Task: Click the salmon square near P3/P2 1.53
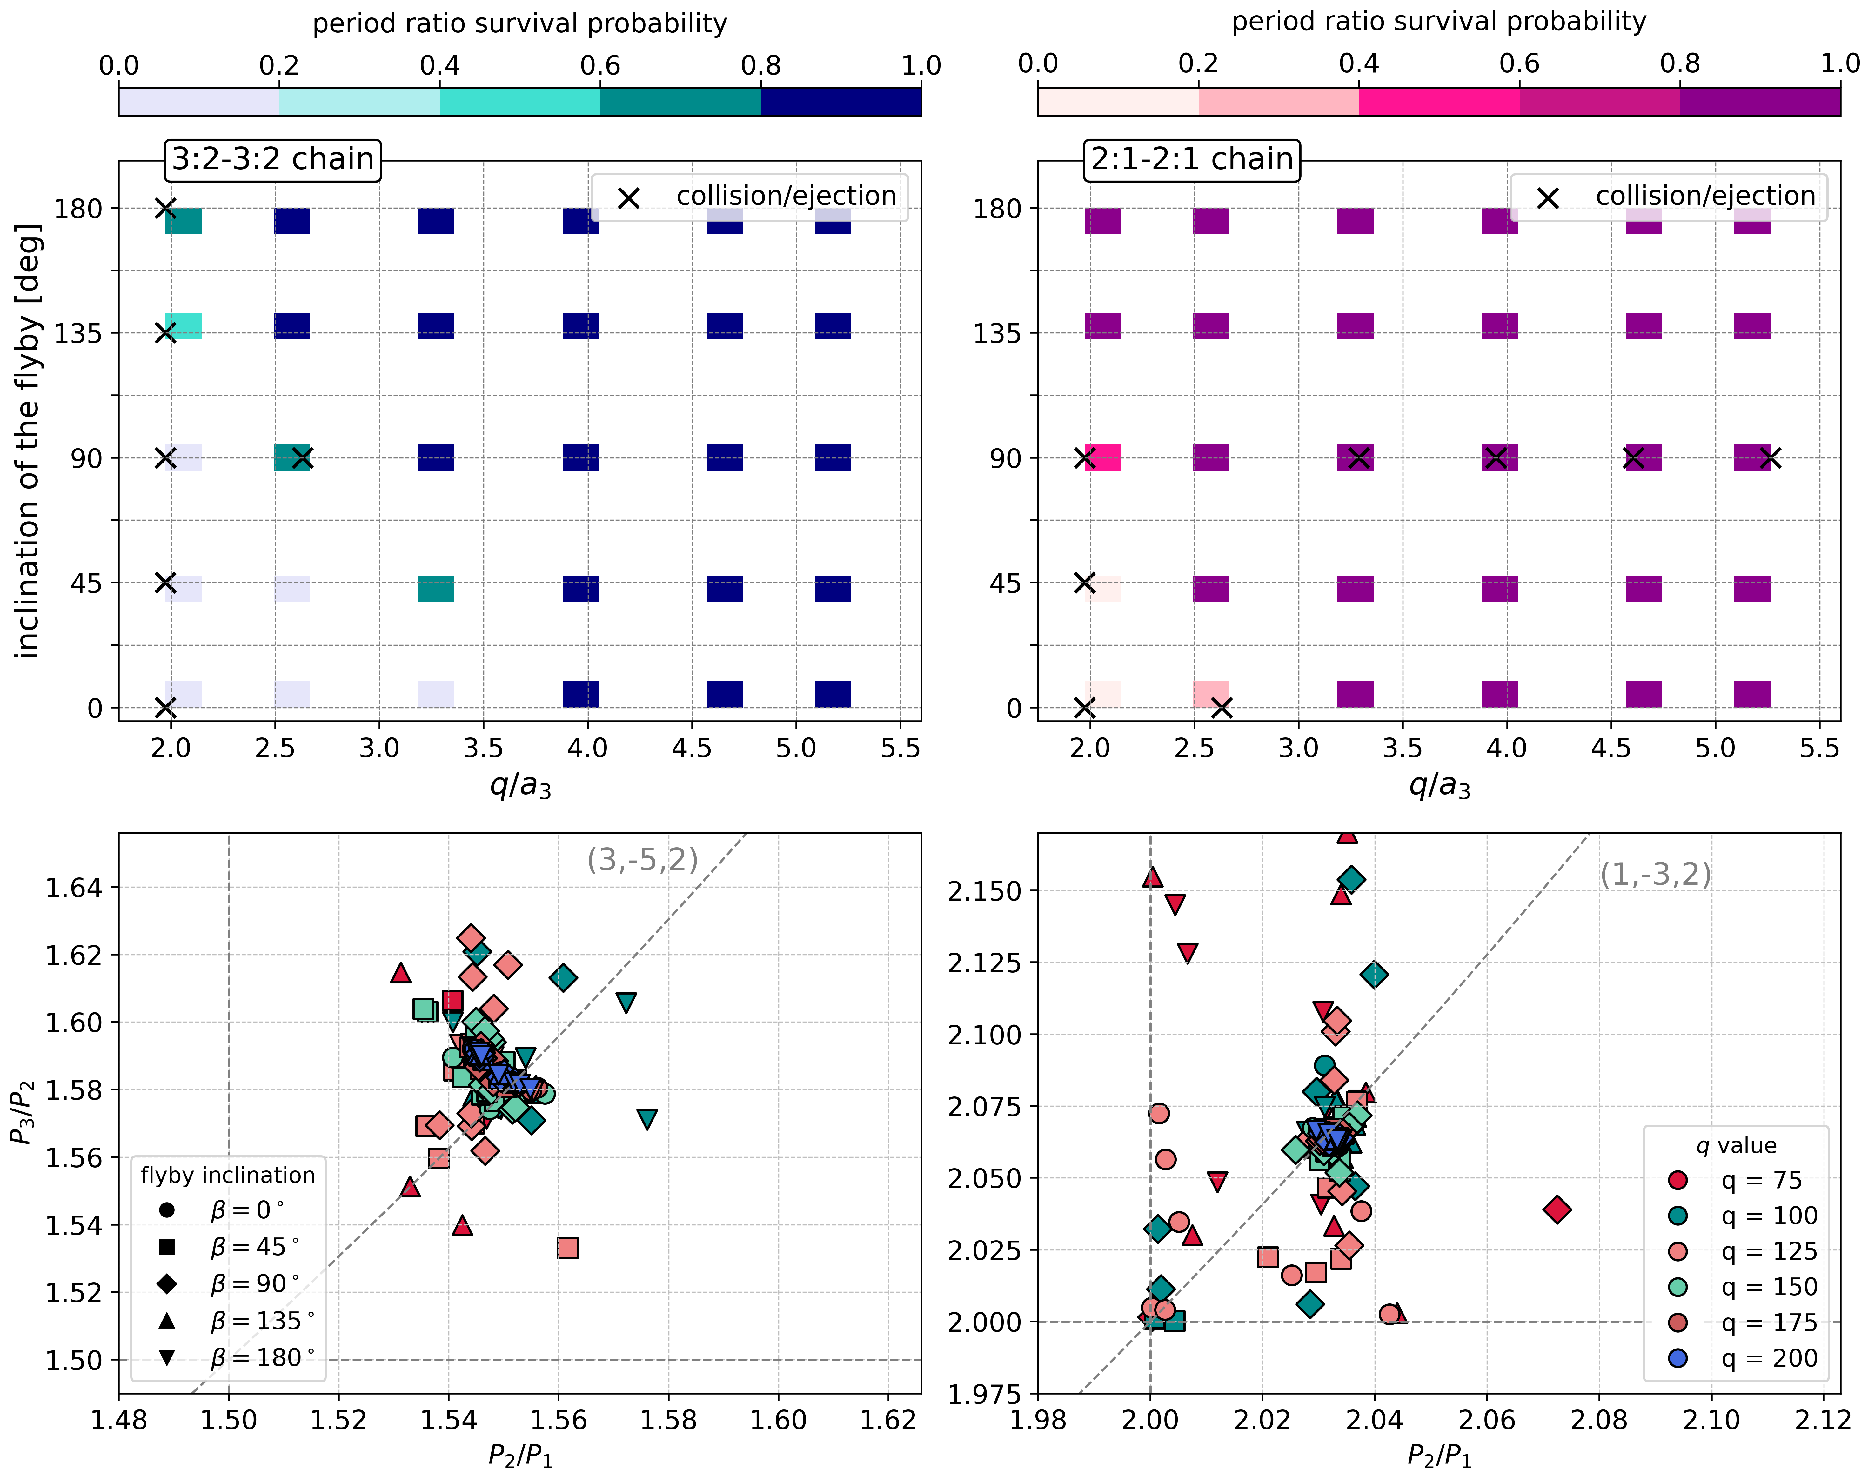567,1248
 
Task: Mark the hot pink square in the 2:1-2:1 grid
1102,457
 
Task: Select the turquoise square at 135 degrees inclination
184,326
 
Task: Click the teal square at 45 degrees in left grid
436,589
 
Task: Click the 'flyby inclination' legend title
228,1175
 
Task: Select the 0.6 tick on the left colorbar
600,66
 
